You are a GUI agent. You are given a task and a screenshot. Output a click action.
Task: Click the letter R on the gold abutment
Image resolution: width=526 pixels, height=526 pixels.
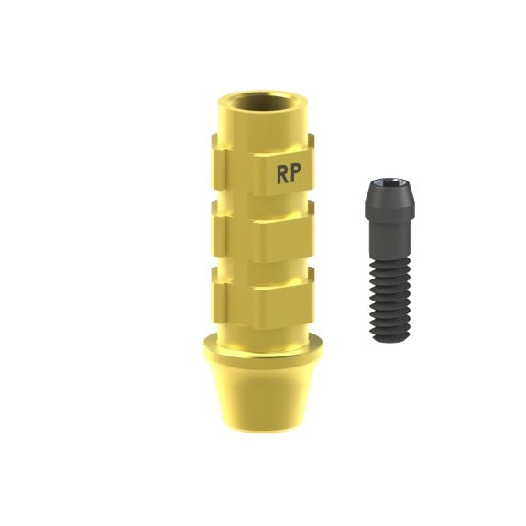(x=282, y=175)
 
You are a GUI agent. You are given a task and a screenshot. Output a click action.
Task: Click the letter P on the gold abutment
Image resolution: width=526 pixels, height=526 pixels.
(x=295, y=173)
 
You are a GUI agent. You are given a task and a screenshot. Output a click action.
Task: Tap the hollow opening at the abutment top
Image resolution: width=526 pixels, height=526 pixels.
(x=262, y=103)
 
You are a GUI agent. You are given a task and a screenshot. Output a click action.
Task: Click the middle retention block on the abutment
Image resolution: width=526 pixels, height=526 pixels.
(x=263, y=232)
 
